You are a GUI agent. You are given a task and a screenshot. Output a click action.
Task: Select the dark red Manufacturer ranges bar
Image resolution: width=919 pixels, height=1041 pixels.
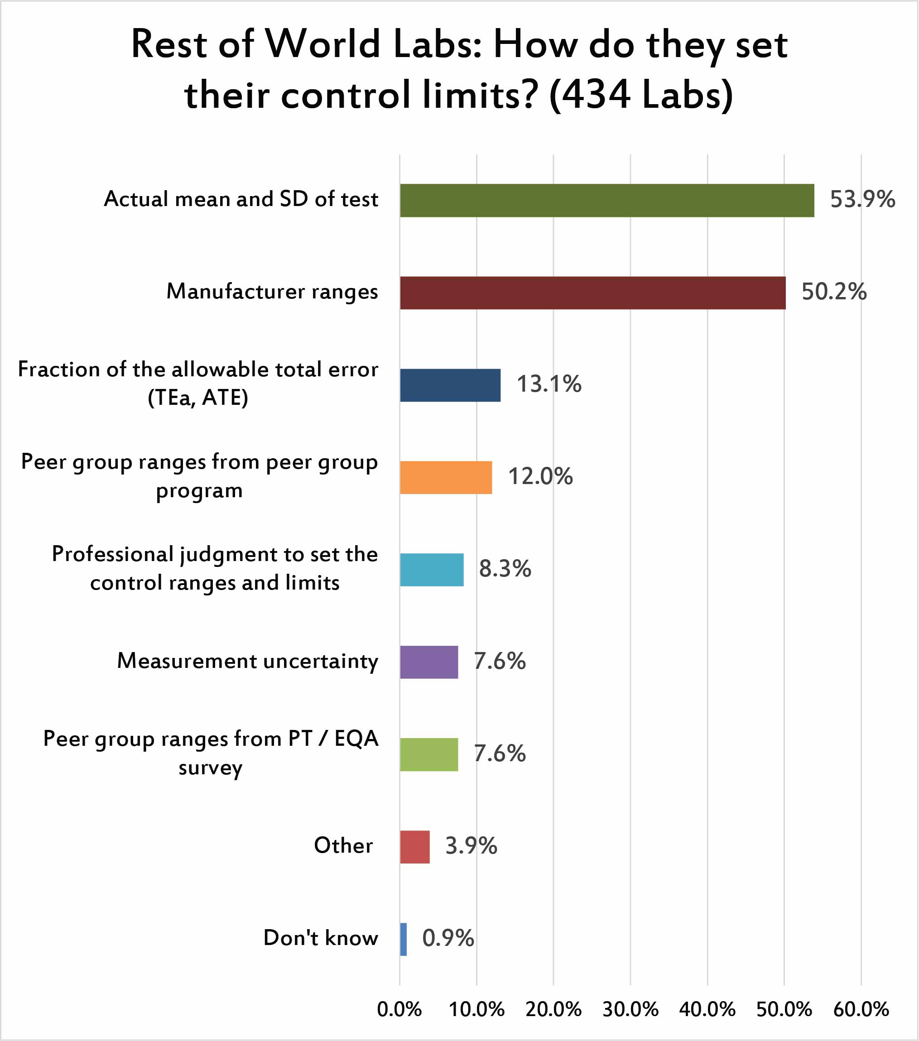pyautogui.click(x=592, y=293)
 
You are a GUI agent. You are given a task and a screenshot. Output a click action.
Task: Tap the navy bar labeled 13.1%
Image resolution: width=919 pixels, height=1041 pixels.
pyautogui.click(x=450, y=385)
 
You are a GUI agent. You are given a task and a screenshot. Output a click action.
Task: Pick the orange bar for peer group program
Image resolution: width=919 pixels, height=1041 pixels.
pyautogui.click(x=446, y=477)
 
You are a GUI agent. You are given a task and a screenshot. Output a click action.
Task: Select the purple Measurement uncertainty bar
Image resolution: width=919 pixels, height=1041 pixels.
pyautogui.click(x=429, y=662)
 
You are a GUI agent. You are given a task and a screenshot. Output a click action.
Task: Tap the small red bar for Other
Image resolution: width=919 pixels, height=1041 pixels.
pyautogui.click(x=415, y=846)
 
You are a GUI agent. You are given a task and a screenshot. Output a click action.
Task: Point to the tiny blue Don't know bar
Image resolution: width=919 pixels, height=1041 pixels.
pyautogui.click(x=404, y=939)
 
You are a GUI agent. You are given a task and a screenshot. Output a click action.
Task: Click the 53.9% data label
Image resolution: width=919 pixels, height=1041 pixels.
pyautogui.click(x=862, y=199)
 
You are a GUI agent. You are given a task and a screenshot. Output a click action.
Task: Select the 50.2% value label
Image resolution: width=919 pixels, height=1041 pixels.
pyautogui.click(x=833, y=292)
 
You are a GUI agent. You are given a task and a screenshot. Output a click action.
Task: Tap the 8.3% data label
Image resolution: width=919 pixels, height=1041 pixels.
pyautogui.click(x=504, y=569)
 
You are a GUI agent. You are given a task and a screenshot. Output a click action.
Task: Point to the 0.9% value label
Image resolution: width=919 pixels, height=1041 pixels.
pyautogui.click(x=448, y=938)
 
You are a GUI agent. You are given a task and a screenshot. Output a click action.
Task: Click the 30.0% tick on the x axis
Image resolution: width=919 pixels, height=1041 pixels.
pyautogui.click(x=630, y=1009)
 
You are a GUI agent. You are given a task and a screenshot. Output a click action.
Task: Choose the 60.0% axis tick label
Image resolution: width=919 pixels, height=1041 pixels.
pyautogui.click(x=861, y=1009)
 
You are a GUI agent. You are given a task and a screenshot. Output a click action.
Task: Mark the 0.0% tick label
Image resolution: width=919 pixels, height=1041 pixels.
pyautogui.click(x=399, y=1009)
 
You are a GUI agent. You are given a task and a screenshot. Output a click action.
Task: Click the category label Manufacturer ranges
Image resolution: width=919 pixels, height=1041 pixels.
pyautogui.click(x=272, y=292)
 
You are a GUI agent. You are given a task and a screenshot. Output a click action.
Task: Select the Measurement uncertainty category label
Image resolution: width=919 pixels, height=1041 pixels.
pyautogui.click(x=248, y=661)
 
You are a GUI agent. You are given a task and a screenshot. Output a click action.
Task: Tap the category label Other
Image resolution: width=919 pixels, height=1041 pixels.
pyautogui.click(x=343, y=845)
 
